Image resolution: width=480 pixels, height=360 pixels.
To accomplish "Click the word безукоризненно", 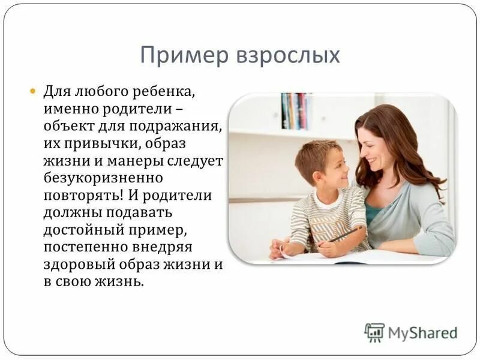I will click(x=103, y=178).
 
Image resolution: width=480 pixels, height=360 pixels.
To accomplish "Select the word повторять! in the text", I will click(x=77, y=196).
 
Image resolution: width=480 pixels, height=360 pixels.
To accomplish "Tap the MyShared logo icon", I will click(x=374, y=332).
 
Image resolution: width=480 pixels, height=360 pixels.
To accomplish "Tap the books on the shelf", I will click(x=295, y=111).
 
